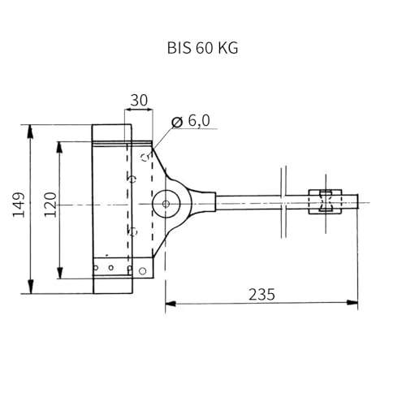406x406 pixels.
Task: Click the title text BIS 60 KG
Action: [x=203, y=48]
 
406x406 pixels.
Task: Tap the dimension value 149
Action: [x=19, y=205]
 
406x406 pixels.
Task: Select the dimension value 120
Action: [x=50, y=205]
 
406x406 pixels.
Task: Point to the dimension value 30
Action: [x=139, y=100]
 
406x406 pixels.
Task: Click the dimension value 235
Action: [x=261, y=295]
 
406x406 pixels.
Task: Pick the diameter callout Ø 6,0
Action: [x=191, y=121]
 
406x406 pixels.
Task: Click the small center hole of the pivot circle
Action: [x=166, y=204]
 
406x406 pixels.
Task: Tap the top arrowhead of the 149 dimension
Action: [x=31, y=131]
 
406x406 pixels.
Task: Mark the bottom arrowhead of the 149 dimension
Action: [x=31, y=287]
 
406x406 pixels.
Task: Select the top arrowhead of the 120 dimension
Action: [x=60, y=148]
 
